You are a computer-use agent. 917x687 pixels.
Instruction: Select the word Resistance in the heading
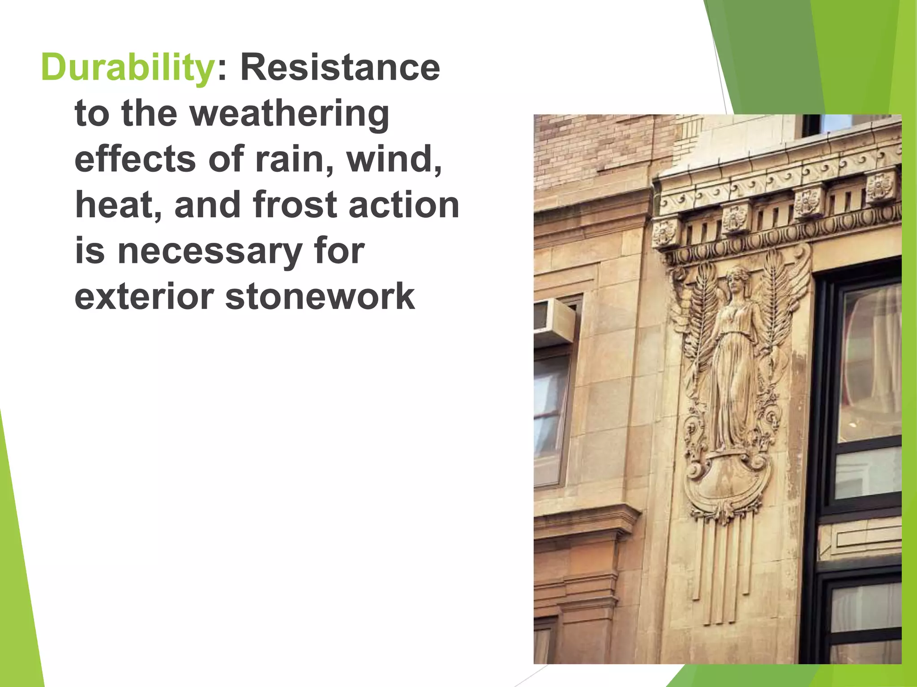point(340,68)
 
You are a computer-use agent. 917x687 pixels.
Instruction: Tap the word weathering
point(290,114)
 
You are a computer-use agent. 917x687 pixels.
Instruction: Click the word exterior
point(144,297)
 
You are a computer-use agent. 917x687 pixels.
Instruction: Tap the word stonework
point(320,297)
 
